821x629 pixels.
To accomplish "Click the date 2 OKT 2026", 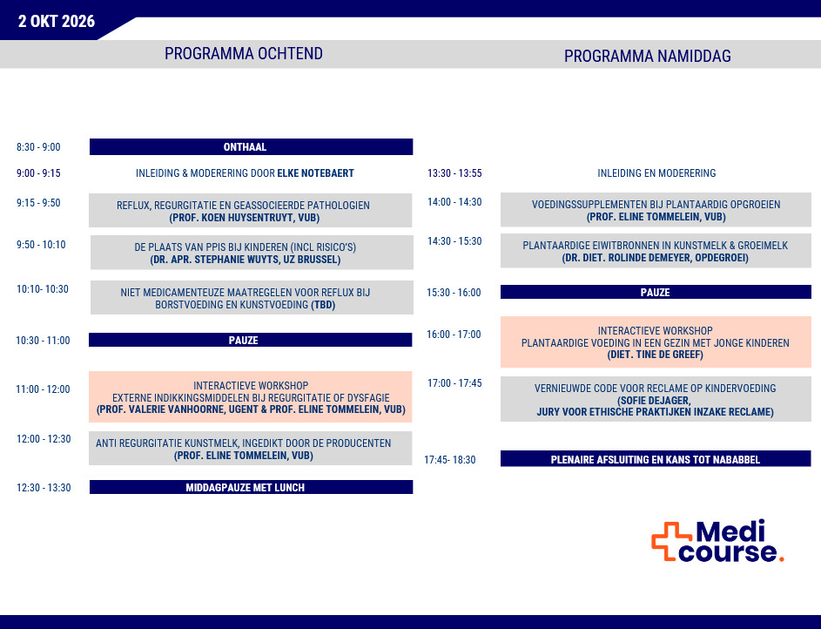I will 57,22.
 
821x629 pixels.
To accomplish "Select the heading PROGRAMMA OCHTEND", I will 244,54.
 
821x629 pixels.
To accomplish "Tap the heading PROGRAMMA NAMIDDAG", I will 647,57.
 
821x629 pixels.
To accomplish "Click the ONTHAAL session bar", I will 251,147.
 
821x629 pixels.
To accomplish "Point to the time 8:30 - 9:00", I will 38,147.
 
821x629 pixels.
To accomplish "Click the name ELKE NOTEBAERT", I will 315,173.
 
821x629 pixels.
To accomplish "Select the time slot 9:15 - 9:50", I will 38,203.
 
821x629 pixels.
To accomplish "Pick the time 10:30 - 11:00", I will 43,341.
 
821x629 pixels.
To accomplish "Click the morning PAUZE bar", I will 251,341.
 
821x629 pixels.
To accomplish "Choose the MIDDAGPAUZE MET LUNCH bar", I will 251,488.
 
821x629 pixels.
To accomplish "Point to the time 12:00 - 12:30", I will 44,439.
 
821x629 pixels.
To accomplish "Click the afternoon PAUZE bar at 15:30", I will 655,293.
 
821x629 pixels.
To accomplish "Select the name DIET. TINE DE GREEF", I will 655,355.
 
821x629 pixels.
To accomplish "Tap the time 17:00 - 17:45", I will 454,382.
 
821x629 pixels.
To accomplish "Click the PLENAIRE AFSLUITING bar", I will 655,459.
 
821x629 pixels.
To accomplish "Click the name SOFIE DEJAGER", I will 655,401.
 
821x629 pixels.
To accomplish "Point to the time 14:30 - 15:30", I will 454,241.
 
